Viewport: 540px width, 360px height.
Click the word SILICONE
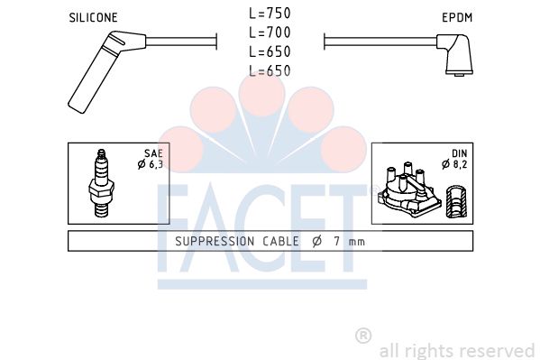tap(93, 17)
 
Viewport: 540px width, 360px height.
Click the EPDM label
tap(457, 17)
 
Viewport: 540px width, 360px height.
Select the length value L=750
tap(270, 14)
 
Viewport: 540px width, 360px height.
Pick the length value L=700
tap(270, 32)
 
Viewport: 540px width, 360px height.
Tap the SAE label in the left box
tap(153, 153)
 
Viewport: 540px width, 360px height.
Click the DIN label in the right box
tap(460, 153)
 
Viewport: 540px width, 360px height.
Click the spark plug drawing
tap(101, 183)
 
